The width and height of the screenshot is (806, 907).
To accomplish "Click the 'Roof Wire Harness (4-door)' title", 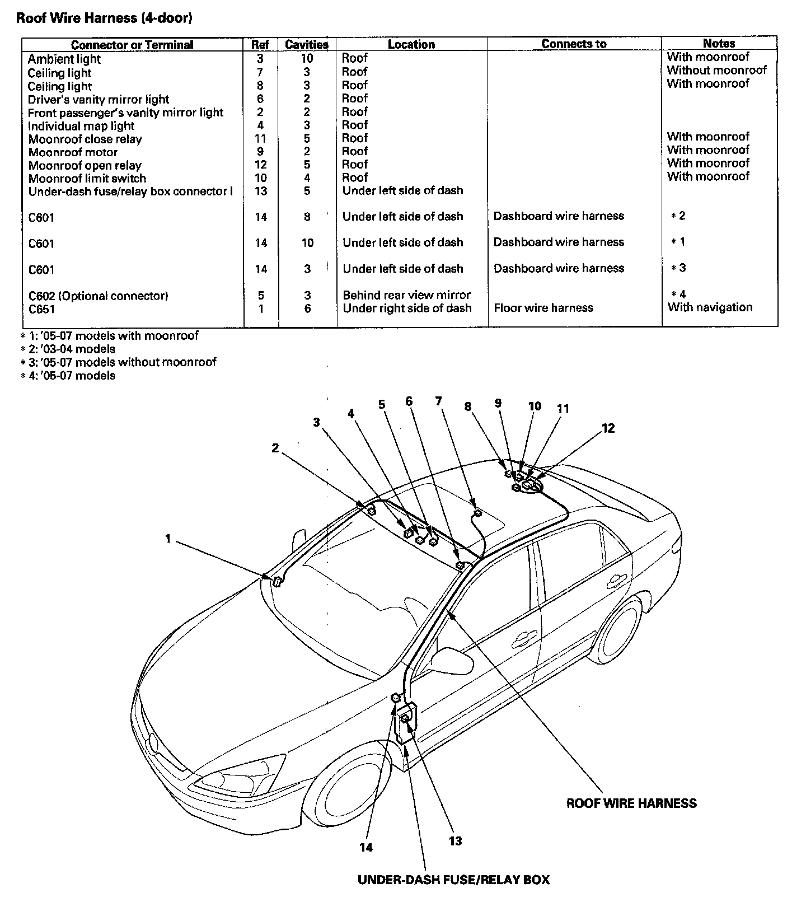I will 104,18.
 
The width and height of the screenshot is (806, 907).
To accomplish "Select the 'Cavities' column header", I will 306,44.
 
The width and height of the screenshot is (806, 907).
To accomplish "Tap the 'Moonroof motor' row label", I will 73,152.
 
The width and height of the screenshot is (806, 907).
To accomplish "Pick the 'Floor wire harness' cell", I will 543,308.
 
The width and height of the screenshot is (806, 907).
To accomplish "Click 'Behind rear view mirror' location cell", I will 406,295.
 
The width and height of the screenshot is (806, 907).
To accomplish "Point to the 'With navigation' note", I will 710,307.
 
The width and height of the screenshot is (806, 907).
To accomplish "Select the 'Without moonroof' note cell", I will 716,71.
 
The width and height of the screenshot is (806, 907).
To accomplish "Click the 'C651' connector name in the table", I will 41,309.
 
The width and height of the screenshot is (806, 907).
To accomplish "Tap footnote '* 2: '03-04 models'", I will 68,349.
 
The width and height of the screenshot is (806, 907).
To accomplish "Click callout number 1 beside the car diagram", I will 167,539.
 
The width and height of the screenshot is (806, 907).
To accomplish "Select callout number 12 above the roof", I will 608,428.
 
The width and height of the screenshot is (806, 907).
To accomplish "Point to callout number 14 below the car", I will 366,847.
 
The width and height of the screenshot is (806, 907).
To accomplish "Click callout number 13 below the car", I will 455,840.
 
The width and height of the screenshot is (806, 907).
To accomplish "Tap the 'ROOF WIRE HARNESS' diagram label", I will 631,803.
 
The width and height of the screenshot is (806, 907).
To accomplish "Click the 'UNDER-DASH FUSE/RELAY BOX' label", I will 453,880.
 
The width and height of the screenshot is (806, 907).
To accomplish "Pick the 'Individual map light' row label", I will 81,126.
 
